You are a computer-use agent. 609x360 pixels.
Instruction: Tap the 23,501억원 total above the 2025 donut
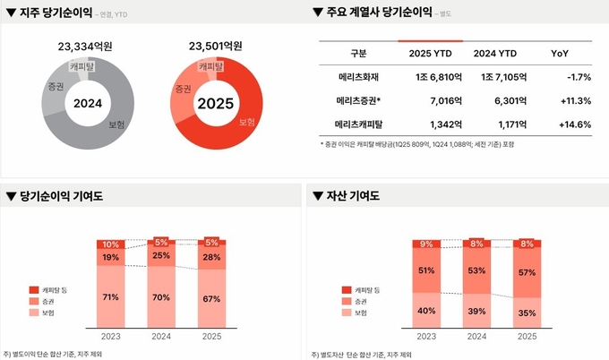(x=215, y=46)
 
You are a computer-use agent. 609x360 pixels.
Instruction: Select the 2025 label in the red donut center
(x=215, y=104)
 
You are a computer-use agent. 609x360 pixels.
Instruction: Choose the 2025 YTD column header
(x=430, y=54)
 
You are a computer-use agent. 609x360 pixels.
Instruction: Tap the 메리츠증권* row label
(x=352, y=101)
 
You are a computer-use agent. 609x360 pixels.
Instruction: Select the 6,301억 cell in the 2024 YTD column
(x=494, y=101)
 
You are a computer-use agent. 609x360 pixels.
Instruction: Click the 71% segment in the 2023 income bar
(x=110, y=296)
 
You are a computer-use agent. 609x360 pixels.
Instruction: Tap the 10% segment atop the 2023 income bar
(x=110, y=244)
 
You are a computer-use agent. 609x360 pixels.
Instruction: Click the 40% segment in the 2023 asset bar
(x=426, y=311)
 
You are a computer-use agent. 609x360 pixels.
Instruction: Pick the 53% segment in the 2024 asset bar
(x=476, y=270)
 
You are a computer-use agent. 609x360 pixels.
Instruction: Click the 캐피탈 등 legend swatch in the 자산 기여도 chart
(x=347, y=290)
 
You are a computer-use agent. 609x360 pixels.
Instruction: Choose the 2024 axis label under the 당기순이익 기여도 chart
(x=161, y=336)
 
